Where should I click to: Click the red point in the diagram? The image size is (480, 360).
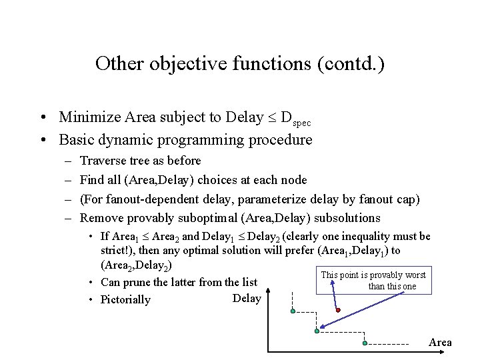338,310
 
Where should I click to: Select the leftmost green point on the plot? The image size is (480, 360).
293,311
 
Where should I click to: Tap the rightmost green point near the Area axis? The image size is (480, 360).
365,343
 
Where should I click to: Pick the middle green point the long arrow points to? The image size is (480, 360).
317,331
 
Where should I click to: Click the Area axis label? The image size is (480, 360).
440,343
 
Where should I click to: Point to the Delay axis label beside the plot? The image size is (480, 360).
247,298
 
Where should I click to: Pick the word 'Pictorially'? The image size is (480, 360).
125,299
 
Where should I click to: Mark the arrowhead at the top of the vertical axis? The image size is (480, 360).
267,291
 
